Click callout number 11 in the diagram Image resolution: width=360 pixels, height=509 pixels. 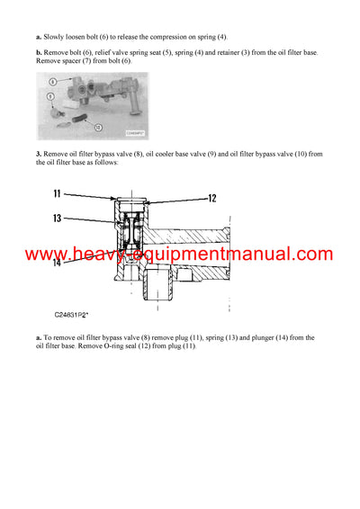point(56,194)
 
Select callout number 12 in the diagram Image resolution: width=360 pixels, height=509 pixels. point(212,199)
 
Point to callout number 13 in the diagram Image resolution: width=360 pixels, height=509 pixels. point(56,219)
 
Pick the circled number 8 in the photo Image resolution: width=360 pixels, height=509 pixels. point(53,83)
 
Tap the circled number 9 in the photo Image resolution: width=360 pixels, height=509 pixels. point(50,95)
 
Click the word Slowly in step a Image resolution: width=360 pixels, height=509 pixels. point(54,37)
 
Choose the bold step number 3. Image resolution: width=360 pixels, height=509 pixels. point(39,154)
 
